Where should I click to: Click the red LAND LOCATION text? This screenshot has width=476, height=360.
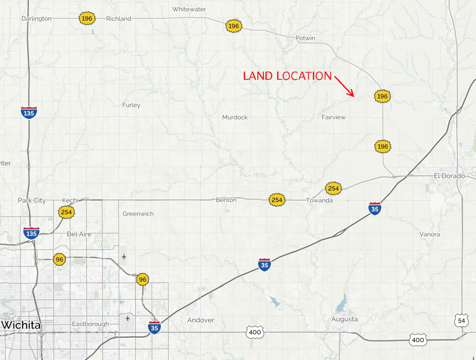pos(287,76)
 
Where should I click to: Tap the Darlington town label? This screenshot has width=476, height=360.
pos(36,19)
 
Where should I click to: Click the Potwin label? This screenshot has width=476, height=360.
pos(305,38)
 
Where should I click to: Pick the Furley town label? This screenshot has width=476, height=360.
pos(131,105)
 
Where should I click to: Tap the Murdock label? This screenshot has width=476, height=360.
pos(235,117)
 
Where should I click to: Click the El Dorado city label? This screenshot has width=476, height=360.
pos(449,176)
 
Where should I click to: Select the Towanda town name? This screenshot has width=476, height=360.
pos(319,200)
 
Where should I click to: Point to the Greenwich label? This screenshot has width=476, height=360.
pos(138,214)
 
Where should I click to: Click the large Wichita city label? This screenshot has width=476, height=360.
pos(21,325)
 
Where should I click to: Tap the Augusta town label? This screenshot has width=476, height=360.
pos(345,319)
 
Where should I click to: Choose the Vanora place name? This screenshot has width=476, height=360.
pos(430,234)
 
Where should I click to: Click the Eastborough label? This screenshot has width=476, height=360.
pos(90,324)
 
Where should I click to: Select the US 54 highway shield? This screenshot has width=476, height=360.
pos(460,320)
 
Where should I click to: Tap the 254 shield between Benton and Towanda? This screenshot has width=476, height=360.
pos(277,200)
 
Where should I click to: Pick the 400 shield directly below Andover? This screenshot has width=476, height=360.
pos(254,332)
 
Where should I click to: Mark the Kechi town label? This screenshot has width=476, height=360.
pos(70,200)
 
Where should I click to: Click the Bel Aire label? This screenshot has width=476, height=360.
pos(79,234)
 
